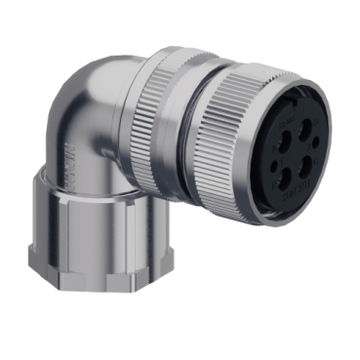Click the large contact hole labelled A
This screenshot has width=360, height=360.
click(284, 140)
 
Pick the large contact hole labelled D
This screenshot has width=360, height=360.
click(305, 128)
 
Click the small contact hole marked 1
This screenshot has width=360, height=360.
click(274, 165)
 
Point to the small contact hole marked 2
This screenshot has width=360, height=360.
click(316, 142)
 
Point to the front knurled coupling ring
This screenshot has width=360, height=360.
click(234, 137)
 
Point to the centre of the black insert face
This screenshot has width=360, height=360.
click(296, 152)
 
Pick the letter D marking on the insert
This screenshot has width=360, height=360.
click(316, 121)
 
